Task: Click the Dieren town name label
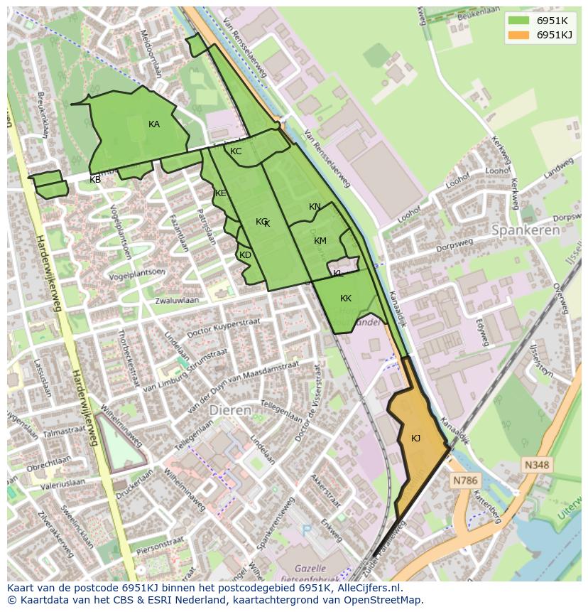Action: pos(230,411)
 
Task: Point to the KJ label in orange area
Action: pos(415,439)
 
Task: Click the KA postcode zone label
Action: pos(154,124)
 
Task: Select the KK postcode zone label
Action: pos(346,299)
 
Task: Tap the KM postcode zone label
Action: pos(320,241)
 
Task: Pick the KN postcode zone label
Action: pos(315,207)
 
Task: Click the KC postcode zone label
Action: pos(236,151)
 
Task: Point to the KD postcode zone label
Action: pos(245,255)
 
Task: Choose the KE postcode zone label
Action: pos(221,193)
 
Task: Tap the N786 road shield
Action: pos(465,481)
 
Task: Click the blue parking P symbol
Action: pos(307,530)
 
